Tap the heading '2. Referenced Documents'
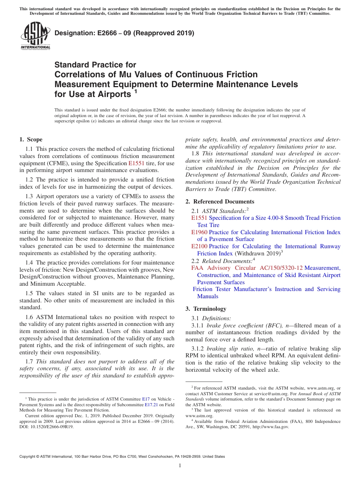click(220, 202)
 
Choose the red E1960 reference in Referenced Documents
click(199, 232)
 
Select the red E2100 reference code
click(199, 246)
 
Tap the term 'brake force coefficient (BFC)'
click(247, 326)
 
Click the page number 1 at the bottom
click(180, 465)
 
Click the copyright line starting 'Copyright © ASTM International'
click(122, 457)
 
